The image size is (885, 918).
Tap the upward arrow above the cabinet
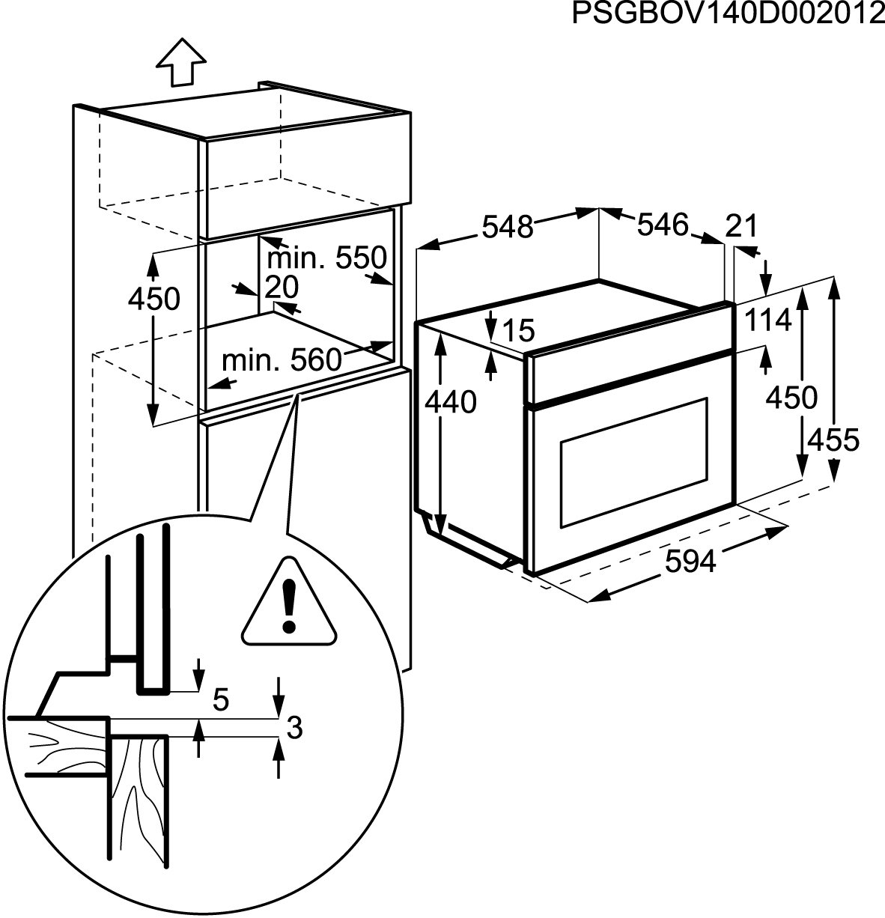tap(181, 62)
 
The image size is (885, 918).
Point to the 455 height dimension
tap(833, 440)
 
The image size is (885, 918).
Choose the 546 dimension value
tap(662, 224)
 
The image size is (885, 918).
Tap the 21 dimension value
tap(742, 225)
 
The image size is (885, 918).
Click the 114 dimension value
tap(767, 320)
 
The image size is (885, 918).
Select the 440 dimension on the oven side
tap(449, 402)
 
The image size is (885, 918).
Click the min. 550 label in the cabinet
tap(326, 258)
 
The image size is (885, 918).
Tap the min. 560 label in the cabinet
tap(282, 361)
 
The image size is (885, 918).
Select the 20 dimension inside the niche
tap(282, 287)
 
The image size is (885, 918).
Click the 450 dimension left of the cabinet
tap(153, 299)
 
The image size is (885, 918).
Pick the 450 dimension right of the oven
tap(791, 397)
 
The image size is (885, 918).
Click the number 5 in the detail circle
tap(220, 699)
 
